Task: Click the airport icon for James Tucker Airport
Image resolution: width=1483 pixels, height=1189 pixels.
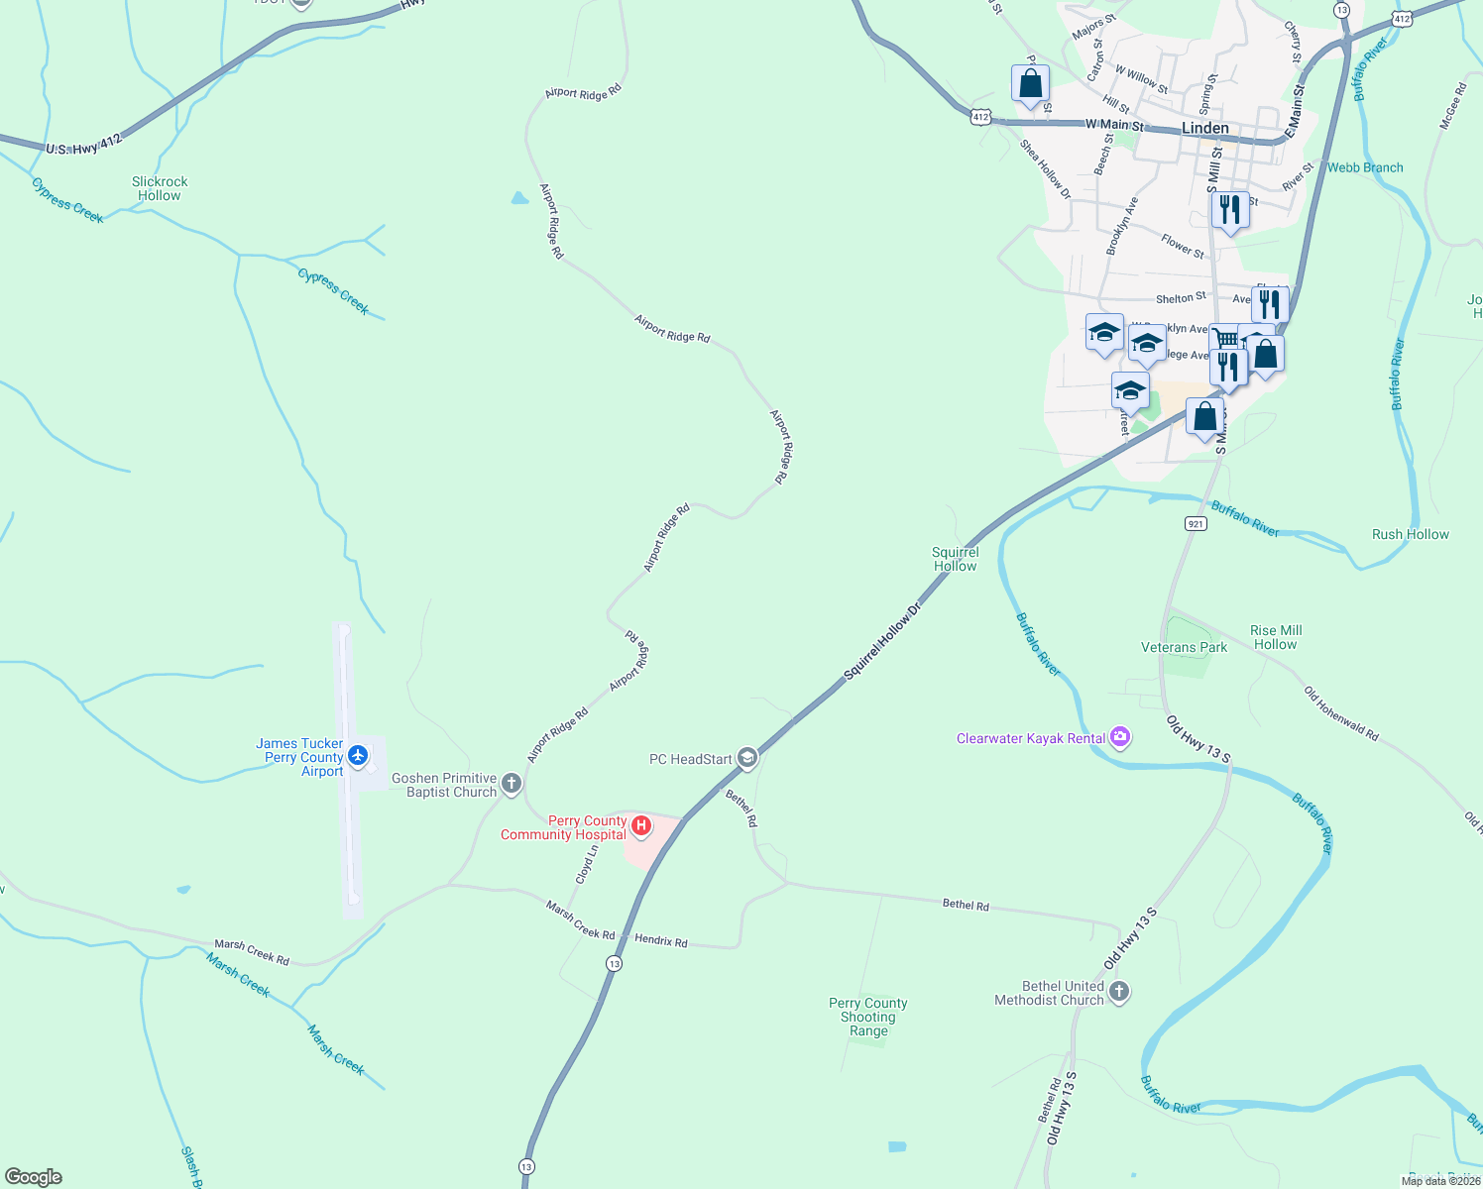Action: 358,757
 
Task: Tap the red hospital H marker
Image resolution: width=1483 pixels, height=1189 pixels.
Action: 641,824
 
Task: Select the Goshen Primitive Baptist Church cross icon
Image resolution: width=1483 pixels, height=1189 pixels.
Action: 512,785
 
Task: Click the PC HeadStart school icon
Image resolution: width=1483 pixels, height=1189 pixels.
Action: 747,759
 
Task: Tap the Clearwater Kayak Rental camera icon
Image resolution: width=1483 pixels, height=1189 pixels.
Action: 1121,737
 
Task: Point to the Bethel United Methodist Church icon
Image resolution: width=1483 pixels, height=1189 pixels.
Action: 1119,992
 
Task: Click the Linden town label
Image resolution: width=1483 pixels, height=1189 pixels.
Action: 1204,129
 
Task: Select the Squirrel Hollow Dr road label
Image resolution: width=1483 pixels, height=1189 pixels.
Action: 882,640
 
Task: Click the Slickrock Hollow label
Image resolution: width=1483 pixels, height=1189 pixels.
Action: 160,188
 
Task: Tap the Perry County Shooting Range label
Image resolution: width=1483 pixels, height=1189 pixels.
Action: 868,1017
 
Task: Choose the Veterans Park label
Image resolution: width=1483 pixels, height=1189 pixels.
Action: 1184,647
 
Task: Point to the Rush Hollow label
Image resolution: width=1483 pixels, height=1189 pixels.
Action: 1410,534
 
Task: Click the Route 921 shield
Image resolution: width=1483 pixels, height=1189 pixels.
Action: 1196,523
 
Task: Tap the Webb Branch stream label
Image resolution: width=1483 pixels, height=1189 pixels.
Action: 1365,167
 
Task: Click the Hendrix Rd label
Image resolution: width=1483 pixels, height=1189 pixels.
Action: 660,940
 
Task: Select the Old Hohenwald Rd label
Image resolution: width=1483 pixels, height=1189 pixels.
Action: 1340,713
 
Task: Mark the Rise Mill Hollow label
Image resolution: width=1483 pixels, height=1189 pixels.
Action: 1276,637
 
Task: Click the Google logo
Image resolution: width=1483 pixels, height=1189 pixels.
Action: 34,1177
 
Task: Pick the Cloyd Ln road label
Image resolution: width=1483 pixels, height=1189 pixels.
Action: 587,864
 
